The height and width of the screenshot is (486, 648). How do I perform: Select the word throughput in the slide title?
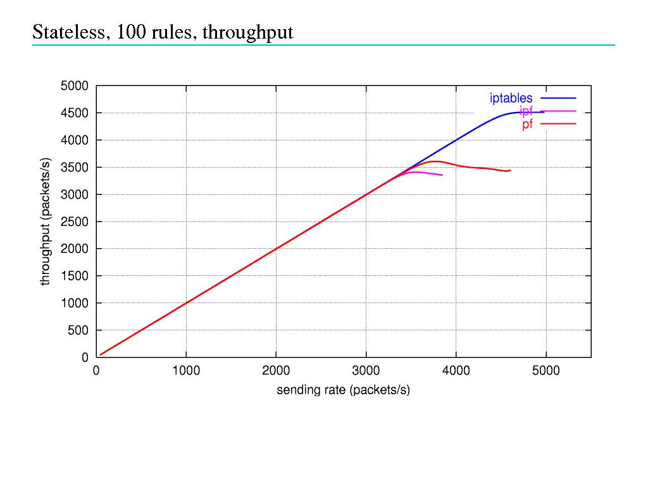247,32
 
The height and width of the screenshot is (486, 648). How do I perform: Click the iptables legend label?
511,98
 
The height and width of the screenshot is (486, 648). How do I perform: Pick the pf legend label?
527,124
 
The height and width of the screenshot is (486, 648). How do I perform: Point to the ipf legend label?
526,111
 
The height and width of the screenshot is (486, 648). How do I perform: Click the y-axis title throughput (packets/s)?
45,221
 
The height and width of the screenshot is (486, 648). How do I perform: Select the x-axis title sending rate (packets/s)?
343,390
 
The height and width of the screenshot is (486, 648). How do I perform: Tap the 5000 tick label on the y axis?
75,86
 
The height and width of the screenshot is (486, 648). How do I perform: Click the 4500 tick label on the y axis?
75,113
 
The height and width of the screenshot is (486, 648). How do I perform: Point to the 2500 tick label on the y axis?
75,222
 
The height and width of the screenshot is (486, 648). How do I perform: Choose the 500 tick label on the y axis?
78,330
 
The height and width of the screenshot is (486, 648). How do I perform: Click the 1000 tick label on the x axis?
186,371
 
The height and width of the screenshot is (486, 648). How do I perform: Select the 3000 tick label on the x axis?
366,371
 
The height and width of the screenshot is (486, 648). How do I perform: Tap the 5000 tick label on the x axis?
545,371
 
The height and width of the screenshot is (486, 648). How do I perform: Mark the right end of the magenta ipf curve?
442,175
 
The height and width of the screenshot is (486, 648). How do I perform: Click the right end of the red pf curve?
510,170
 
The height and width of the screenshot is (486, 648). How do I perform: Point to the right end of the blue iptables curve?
544,112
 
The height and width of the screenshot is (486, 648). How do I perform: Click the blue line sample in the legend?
558,98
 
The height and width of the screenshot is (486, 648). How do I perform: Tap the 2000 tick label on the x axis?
276,371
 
